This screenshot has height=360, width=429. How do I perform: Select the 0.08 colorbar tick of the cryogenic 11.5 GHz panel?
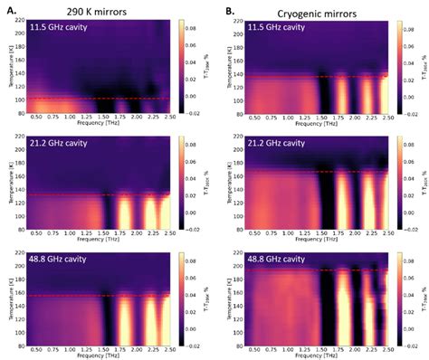tap(414, 28)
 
